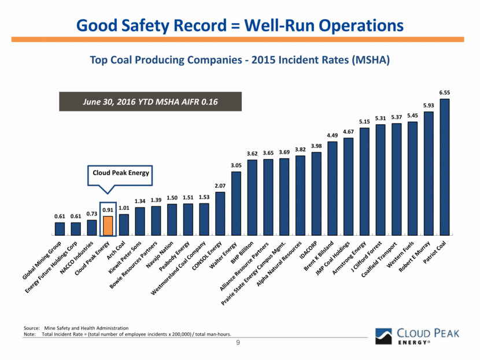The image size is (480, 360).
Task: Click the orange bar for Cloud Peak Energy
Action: [108, 226]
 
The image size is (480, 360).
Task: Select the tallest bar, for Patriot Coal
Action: [444, 167]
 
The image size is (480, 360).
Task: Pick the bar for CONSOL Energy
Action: [220, 214]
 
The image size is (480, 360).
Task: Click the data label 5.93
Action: [428, 105]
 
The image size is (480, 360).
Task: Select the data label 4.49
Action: [332, 135]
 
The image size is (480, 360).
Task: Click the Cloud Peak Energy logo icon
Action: [384, 336]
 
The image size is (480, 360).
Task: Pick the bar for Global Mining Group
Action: [60, 229]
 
